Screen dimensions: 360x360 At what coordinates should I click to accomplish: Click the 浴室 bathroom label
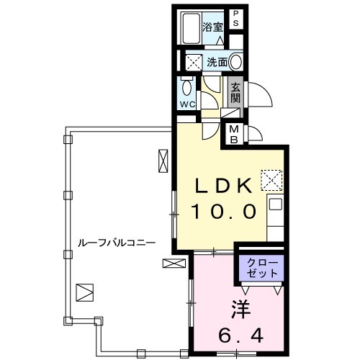tap(212, 27)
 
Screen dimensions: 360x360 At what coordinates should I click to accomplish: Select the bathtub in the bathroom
tap(192, 28)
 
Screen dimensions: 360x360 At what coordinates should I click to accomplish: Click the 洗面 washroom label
tap(217, 63)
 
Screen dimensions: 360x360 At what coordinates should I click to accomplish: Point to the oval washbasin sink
tap(235, 62)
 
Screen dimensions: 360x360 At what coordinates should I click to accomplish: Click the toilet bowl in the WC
tap(186, 88)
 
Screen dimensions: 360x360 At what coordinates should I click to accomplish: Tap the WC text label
tap(188, 104)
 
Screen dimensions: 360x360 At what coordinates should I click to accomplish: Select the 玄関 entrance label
tap(235, 94)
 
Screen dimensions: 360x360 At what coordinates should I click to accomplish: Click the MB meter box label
tap(234, 135)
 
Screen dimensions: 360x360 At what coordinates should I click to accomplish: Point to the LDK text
tap(224, 186)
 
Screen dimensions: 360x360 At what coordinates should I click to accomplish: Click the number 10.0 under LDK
tap(224, 211)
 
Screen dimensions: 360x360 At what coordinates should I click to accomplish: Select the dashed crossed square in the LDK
tap(271, 180)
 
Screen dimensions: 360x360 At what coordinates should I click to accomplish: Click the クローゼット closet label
tap(262, 268)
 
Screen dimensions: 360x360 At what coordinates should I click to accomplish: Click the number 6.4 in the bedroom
tap(240, 336)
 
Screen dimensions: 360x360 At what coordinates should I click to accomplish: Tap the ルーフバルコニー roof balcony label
tap(117, 243)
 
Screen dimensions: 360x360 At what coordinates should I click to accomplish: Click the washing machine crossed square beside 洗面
tap(194, 62)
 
